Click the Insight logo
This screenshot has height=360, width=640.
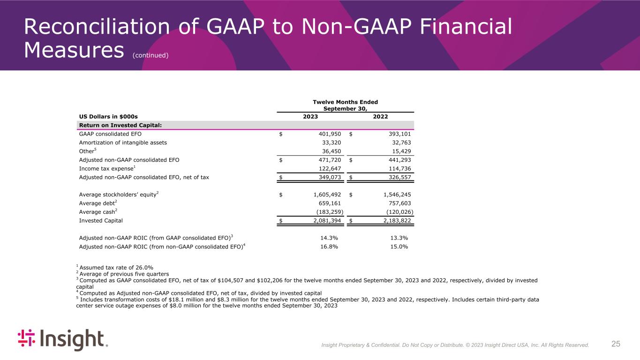pyautogui.click(x=62, y=340)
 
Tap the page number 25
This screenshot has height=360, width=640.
pyautogui.click(x=616, y=344)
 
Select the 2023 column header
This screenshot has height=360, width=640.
pyautogui.click(x=310, y=116)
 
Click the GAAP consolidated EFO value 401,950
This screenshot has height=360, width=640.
pyautogui.click(x=328, y=134)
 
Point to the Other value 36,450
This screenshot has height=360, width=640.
pyautogui.click(x=330, y=151)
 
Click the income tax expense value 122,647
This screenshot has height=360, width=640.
pyautogui.click(x=328, y=169)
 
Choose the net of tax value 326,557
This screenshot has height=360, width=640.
pyautogui.click(x=398, y=178)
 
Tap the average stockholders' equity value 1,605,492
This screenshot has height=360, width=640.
pyautogui.click(x=324, y=194)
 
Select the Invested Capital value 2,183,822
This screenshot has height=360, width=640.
pyautogui.click(x=395, y=220)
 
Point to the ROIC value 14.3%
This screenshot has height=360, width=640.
pyautogui.click(x=329, y=238)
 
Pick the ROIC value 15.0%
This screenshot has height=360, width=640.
pyautogui.click(x=399, y=247)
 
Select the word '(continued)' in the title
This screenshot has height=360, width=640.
pyautogui.click(x=150, y=55)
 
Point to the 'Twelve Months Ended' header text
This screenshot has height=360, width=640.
pyautogui.click(x=345, y=102)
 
